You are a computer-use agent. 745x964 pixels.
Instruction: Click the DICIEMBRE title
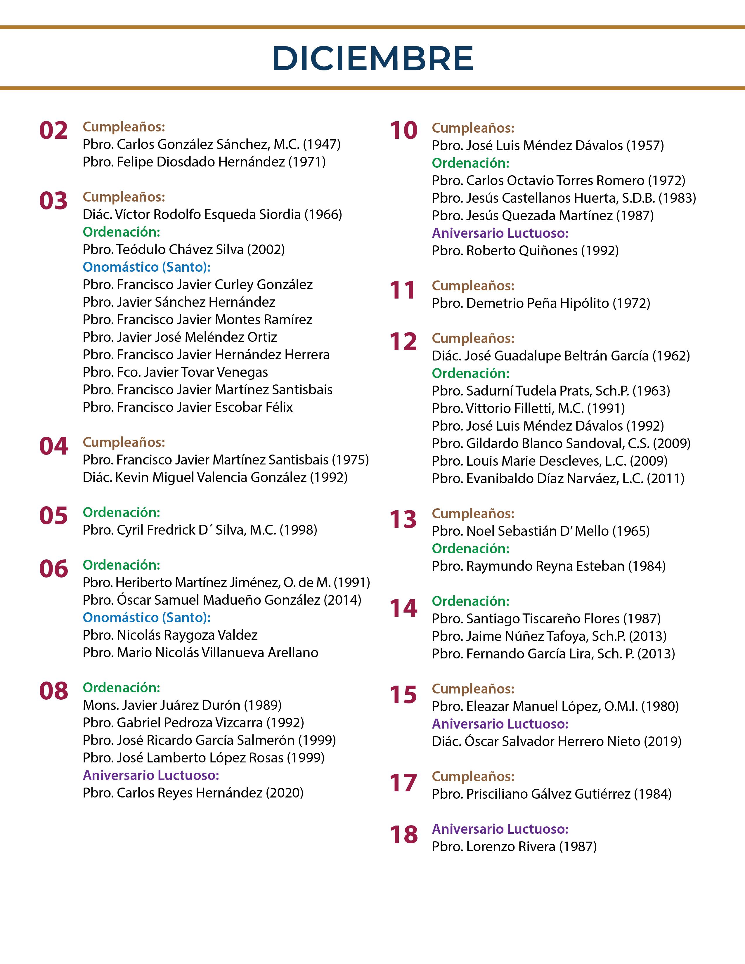[x=372, y=58]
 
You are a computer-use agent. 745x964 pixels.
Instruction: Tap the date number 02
[x=53, y=131]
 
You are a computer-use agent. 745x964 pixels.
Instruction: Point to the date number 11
[x=403, y=290]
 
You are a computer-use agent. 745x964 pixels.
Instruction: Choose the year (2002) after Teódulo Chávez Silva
[x=266, y=250]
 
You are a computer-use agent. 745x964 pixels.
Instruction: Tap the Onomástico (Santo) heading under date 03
[x=147, y=267]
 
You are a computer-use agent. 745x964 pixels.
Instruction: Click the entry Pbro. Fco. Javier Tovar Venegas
[x=175, y=372]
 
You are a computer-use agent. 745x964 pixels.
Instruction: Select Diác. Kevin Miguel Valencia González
[x=195, y=477]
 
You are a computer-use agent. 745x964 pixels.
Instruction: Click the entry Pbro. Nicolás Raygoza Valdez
[x=170, y=635]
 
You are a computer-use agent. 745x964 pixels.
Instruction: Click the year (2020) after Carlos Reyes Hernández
[x=284, y=793]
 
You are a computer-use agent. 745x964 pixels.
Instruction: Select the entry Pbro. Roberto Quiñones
[x=505, y=251]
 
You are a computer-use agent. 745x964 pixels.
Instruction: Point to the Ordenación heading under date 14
[x=470, y=601]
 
